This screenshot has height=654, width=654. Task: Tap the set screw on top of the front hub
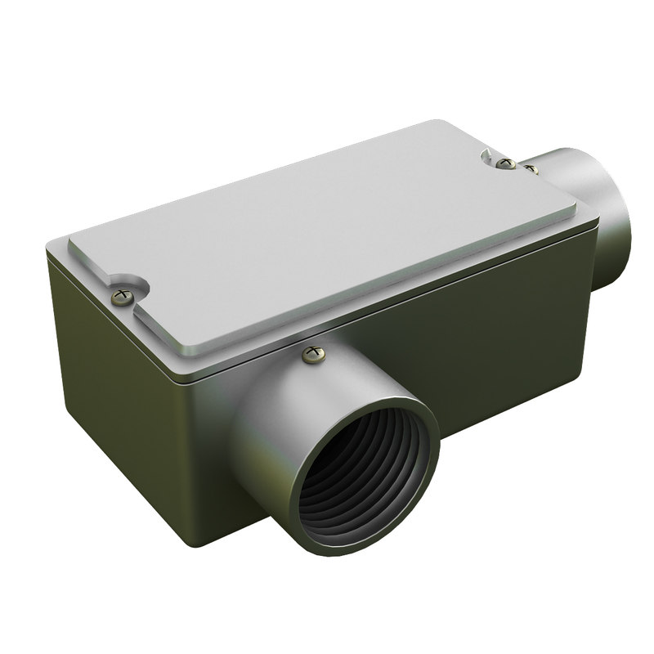(x=312, y=353)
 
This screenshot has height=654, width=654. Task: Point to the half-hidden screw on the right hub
(x=531, y=169)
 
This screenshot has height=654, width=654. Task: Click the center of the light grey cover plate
(x=327, y=237)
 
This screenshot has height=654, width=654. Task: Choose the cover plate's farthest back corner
(x=441, y=123)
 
